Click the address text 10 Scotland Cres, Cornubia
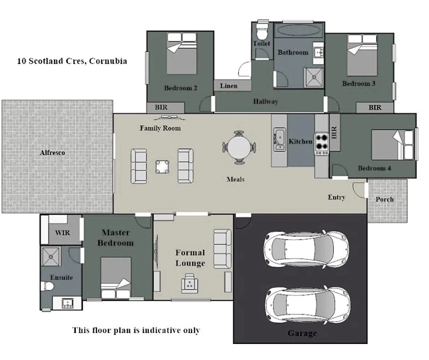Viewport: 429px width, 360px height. point(72,61)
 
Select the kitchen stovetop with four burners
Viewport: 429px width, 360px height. point(322,141)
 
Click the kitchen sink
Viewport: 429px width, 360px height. point(279,139)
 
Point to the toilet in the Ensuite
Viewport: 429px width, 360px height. point(47,286)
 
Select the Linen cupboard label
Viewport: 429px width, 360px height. point(229,86)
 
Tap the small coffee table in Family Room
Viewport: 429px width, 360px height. point(162,166)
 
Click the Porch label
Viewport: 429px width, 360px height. point(384,199)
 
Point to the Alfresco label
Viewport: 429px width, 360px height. point(52,153)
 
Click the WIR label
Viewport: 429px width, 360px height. point(62,232)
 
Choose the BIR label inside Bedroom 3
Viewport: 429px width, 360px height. point(375,107)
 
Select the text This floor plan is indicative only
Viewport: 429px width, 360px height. point(136,330)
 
